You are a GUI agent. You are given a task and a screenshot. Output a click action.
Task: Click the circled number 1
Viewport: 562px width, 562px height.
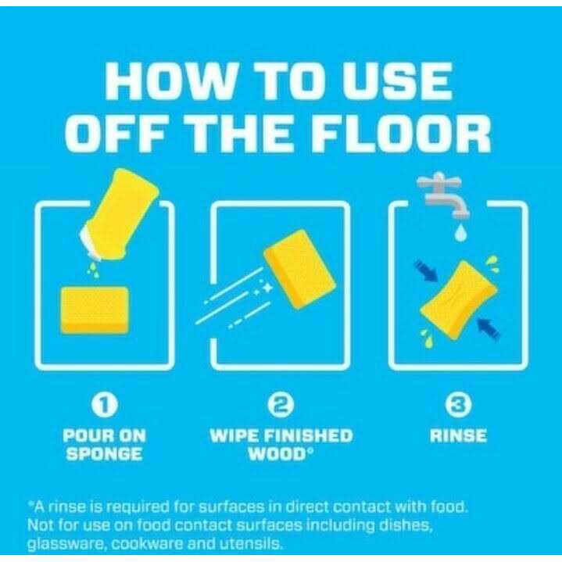click(x=104, y=405)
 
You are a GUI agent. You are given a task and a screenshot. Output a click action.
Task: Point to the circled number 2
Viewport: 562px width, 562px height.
click(x=281, y=405)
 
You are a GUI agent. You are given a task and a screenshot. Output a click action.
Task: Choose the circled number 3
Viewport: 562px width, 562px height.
click(x=458, y=405)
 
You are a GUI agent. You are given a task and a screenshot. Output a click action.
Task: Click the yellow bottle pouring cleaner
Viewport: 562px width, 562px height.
click(x=119, y=215)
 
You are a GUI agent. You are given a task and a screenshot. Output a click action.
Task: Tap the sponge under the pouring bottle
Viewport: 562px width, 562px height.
click(x=95, y=310)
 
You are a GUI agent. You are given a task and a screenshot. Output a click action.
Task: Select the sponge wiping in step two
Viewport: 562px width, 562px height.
click(x=299, y=269)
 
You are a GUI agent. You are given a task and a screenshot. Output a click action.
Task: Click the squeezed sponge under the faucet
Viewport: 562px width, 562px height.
click(x=458, y=300)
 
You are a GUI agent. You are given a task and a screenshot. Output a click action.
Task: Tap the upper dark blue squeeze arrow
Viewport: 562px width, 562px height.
click(x=426, y=271)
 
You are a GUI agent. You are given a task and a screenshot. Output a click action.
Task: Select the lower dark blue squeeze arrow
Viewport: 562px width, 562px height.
click(x=489, y=328)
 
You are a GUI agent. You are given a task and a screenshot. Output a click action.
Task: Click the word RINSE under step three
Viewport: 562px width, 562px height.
click(x=458, y=436)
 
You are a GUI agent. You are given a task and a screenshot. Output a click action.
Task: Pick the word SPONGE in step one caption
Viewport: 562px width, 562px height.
click(x=104, y=454)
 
